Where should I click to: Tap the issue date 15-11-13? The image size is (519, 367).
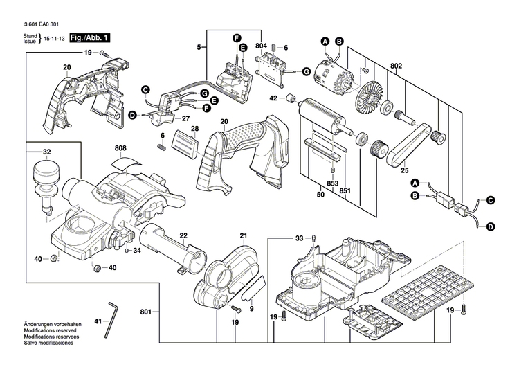tap(55, 41)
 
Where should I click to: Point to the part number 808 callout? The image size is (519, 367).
tap(120, 147)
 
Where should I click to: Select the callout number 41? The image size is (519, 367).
tap(98, 321)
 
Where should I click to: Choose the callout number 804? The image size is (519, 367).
tap(260, 46)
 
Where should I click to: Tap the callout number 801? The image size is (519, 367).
tap(145, 293)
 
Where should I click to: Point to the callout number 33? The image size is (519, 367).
tap(299, 238)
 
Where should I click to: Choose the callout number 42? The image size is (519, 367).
tap(273, 99)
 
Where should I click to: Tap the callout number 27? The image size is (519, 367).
tap(185, 118)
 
